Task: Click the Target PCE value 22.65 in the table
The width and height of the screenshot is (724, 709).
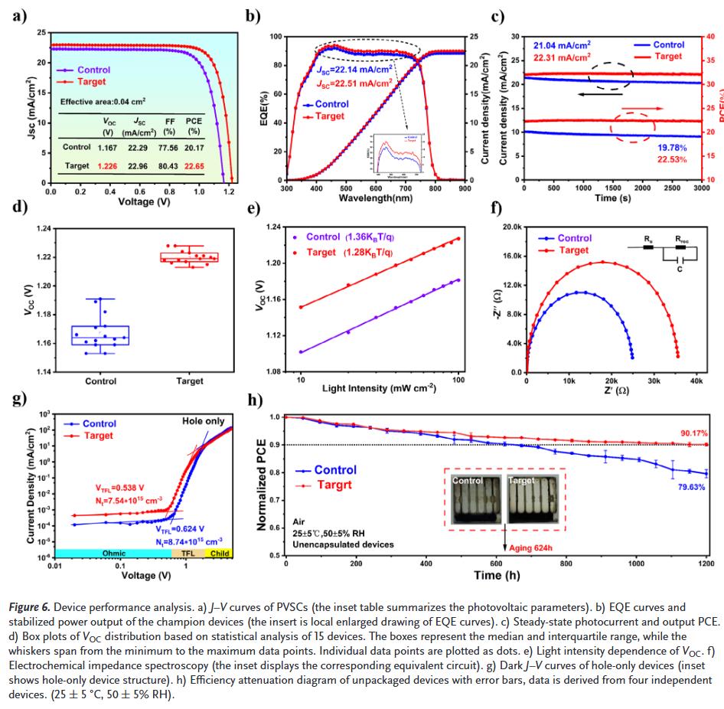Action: coord(193,165)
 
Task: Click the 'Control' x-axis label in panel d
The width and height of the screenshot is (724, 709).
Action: coord(100,381)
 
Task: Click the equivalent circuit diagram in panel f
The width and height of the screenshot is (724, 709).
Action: coord(662,251)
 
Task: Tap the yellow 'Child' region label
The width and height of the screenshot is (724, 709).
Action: coord(220,553)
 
